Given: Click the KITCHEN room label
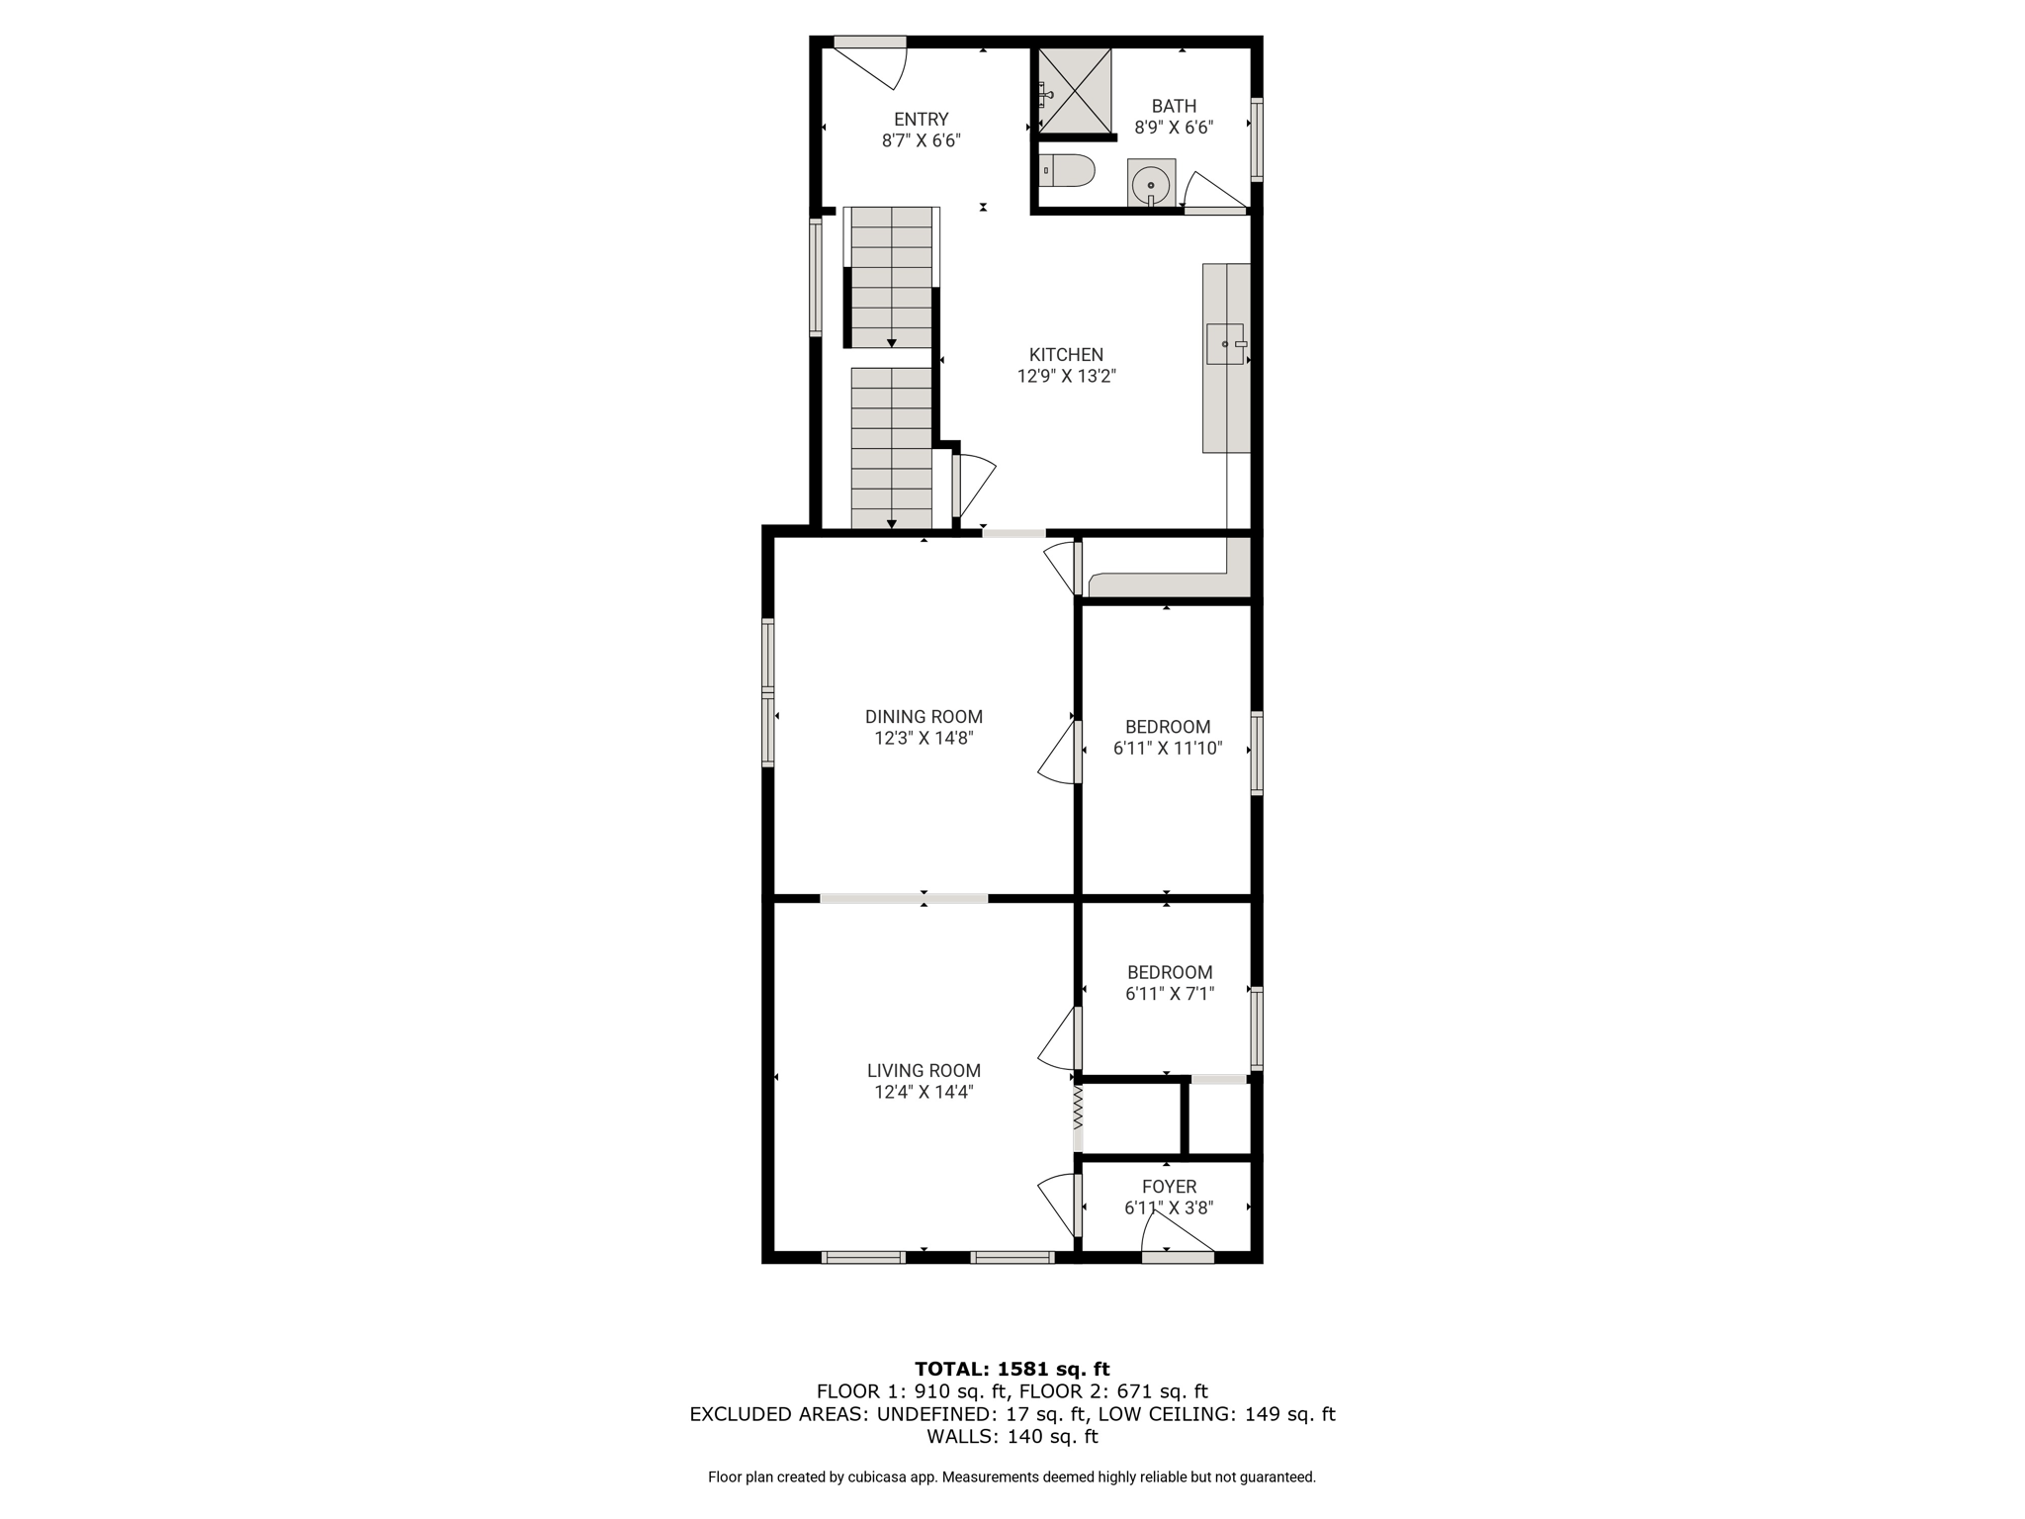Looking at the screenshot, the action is coord(1066,355).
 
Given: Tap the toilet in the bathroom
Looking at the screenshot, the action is coord(1067,170).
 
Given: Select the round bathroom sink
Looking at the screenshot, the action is coord(1151,185).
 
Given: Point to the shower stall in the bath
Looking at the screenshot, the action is coord(1074,90).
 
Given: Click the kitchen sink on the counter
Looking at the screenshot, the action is coord(1226,344).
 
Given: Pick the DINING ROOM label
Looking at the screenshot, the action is coord(924,717).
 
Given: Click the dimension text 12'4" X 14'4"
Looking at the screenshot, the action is coord(924,1092).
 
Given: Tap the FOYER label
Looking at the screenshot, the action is coord(1169,1187).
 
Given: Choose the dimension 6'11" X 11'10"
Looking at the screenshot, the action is coord(1168,749).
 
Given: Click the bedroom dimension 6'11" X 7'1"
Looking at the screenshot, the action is coord(1169,994).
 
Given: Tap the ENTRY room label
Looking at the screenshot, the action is coord(922,120).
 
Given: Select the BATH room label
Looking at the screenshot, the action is coord(1175,106).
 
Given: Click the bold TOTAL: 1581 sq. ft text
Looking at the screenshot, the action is coord(1012,1369).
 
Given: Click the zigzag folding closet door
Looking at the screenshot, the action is coord(1079,1109).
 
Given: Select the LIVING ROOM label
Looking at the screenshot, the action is coord(924,1070).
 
